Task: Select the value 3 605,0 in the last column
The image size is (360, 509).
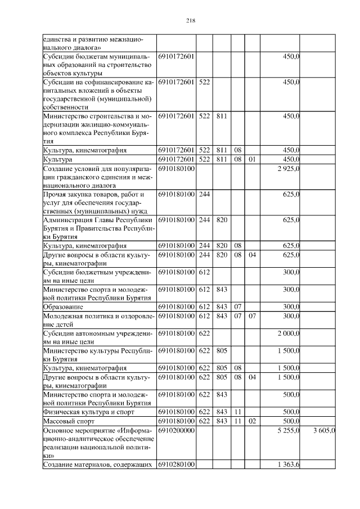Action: [x=323, y=430]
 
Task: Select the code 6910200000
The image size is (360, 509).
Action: [x=176, y=430]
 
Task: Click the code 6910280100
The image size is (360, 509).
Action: [x=176, y=464]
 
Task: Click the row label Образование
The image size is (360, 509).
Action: [x=64, y=307]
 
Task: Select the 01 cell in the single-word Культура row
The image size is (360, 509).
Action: [x=252, y=159]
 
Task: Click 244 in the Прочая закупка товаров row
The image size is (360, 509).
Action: [x=204, y=194]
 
